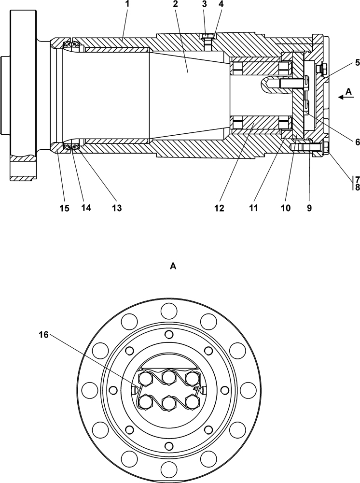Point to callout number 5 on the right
click(357, 62)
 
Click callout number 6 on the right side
click(357, 142)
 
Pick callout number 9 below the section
click(309, 208)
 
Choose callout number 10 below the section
click(286, 208)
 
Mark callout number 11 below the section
click(253, 208)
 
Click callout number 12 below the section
click(220, 208)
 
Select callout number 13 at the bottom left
click(117, 208)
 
